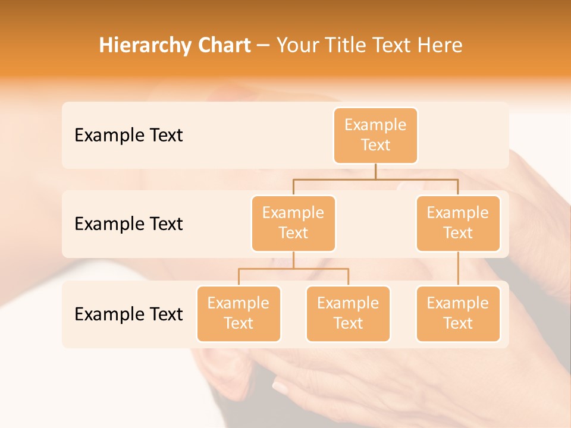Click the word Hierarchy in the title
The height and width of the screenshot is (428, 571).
click(137, 45)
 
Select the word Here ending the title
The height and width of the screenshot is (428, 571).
click(440, 45)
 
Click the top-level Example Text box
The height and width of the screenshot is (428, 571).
click(375, 135)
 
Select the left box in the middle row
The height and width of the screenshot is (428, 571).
click(293, 223)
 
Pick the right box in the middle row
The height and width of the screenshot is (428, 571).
click(458, 223)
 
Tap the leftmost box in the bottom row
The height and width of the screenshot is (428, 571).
click(239, 313)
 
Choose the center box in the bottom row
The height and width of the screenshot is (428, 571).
click(348, 313)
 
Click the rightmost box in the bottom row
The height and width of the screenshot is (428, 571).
click(458, 313)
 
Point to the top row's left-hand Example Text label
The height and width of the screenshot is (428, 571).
click(128, 135)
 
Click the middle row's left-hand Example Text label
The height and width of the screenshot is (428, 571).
click(128, 224)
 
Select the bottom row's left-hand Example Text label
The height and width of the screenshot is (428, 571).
click(128, 314)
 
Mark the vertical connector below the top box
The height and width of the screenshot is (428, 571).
click(375, 171)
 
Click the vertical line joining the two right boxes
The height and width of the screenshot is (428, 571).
click(458, 269)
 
